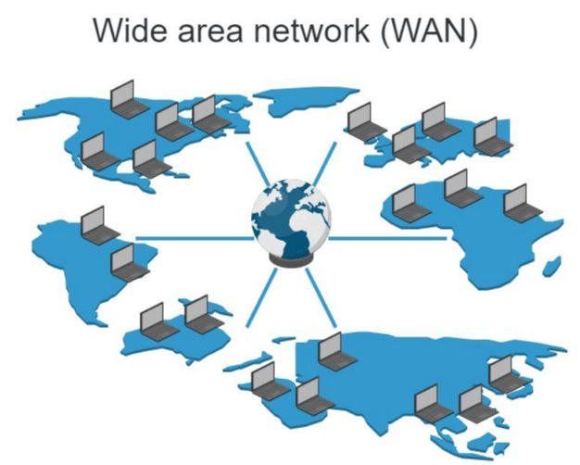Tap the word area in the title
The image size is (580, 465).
click(210, 32)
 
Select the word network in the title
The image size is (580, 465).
click(311, 31)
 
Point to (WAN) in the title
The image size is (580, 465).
click(429, 31)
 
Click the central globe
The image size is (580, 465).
click(291, 219)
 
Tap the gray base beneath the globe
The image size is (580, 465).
click(291, 260)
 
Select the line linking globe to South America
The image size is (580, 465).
click(195, 239)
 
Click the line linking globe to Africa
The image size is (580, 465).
click(387, 239)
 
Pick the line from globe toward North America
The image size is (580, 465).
click(258, 164)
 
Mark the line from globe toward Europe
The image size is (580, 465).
click(325, 164)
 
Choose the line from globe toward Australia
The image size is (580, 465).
click(261, 297)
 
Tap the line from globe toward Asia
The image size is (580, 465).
click(321, 297)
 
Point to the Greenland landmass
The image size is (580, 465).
click(307, 100)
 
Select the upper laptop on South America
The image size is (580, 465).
click(99, 226)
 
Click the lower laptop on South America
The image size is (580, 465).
click(130, 263)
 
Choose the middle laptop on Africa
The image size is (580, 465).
click(463, 188)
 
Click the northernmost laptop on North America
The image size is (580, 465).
click(130, 99)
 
